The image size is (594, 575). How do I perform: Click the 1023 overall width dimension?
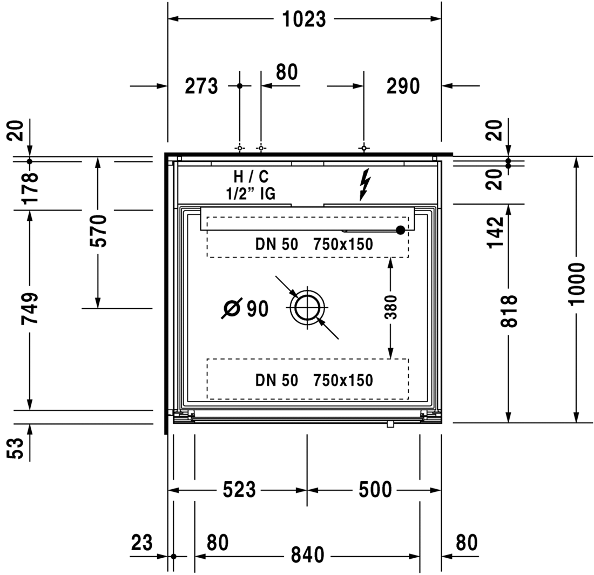[x=304, y=19]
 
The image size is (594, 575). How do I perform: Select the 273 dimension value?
[x=201, y=86]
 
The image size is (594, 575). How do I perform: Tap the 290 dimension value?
[x=403, y=86]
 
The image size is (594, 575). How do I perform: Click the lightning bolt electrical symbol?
[x=364, y=185]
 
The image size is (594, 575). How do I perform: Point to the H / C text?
[x=251, y=177]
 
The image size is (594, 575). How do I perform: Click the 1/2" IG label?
[x=251, y=194]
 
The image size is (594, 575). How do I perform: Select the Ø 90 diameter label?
[x=245, y=308]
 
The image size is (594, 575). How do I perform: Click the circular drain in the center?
[x=307, y=307]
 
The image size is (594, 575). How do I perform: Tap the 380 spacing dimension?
[x=391, y=307]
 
